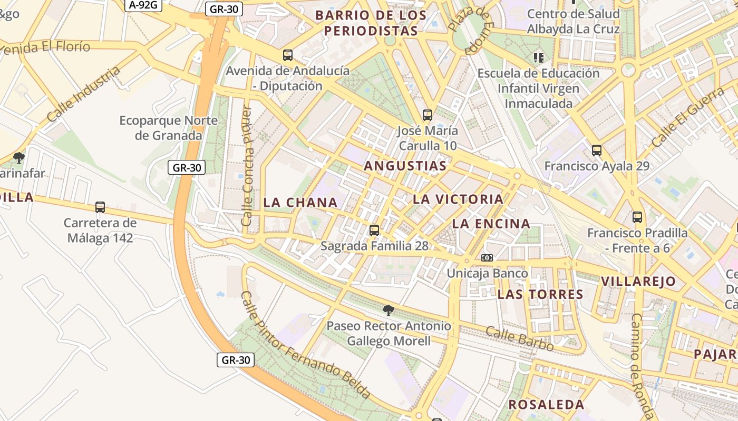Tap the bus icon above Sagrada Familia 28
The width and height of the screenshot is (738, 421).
pyautogui.click(x=374, y=230)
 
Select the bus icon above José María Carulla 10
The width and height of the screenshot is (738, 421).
pyautogui.click(x=428, y=115)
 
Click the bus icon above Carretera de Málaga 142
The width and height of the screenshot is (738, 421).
pyautogui.click(x=100, y=207)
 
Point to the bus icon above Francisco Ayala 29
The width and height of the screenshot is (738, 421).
pyautogui.click(x=597, y=150)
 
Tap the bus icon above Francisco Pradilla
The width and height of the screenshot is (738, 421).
pyautogui.click(x=637, y=217)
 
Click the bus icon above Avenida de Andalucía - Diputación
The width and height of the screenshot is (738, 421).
pyautogui.click(x=288, y=55)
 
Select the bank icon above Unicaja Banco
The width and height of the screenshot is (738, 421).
pyautogui.click(x=487, y=258)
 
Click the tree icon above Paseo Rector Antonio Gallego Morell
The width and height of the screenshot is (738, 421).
pyautogui.click(x=389, y=310)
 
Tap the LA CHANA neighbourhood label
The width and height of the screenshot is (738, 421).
pyautogui.click(x=300, y=203)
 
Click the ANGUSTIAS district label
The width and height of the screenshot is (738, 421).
pyautogui.click(x=405, y=166)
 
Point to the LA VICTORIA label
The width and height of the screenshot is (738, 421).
pyautogui.click(x=458, y=199)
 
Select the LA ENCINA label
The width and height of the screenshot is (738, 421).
pyautogui.click(x=491, y=224)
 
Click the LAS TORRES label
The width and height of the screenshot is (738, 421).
pyautogui.click(x=540, y=294)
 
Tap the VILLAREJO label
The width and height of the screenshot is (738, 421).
pyautogui.click(x=638, y=282)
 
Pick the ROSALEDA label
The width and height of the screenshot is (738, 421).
pyautogui.click(x=546, y=405)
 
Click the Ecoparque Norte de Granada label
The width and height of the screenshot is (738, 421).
pyautogui.click(x=169, y=128)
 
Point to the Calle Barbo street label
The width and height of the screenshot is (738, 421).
pyautogui.click(x=519, y=338)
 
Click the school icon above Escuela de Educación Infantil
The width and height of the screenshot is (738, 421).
pyautogui.click(x=538, y=57)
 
